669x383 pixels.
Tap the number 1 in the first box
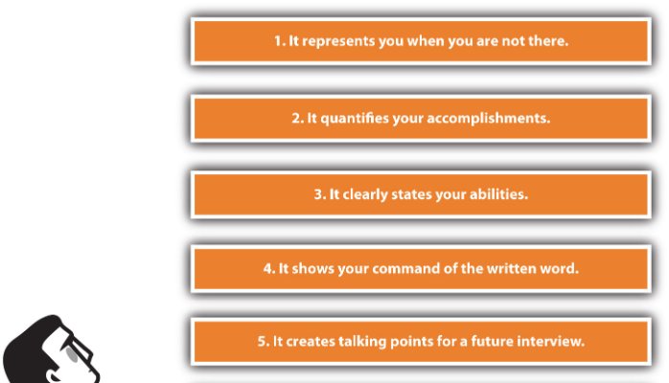click(279, 41)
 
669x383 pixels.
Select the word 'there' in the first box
click(548, 41)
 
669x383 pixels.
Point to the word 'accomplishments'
click(489, 118)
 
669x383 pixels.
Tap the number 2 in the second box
click(297, 118)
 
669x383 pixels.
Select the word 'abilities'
click(498, 194)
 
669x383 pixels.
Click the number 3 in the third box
click(319, 194)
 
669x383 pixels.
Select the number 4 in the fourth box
click(268, 268)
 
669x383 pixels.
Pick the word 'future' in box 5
click(486, 341)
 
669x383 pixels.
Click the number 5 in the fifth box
click(263, 341)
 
